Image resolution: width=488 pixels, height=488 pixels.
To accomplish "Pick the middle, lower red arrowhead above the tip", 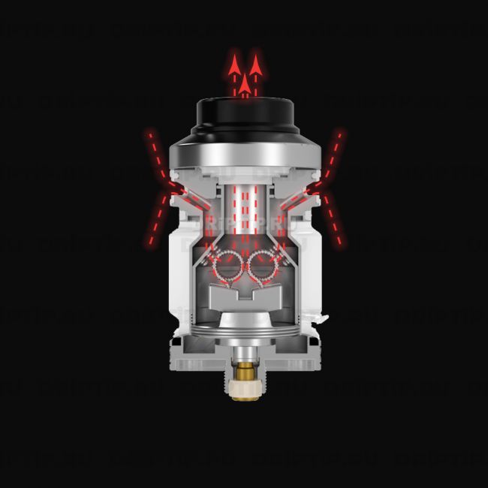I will click(246, 80).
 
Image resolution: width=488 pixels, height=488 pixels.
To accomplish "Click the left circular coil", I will click(227, 265).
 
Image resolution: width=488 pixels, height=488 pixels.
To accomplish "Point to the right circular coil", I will click(264, 265).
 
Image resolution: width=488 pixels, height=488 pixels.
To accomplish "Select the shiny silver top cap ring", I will click(244, 154).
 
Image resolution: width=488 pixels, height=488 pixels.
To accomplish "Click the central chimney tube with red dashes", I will click(245, 210).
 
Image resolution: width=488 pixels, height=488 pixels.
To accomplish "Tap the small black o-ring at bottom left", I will click(181, 343).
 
